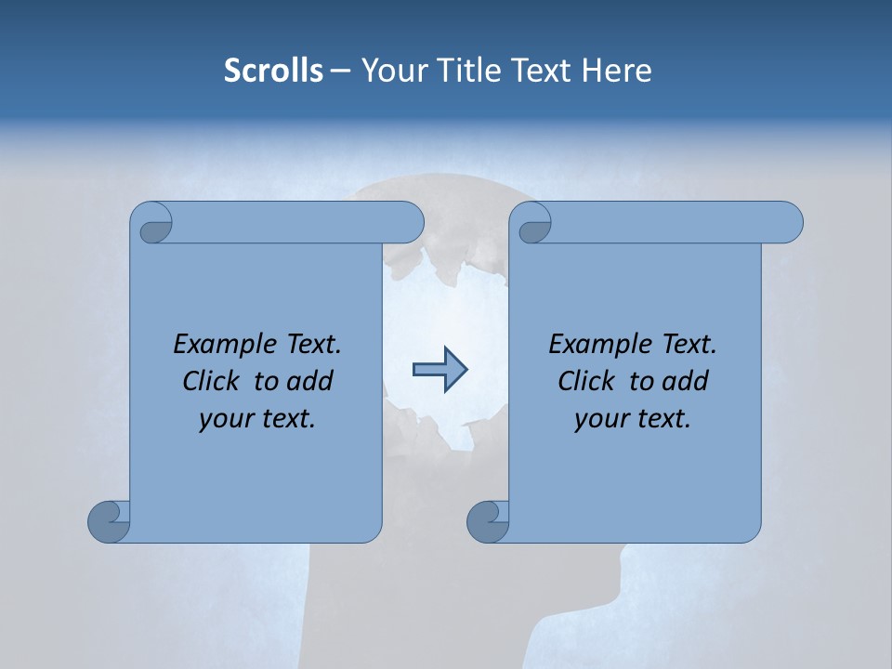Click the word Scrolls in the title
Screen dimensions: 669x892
click(273, 71)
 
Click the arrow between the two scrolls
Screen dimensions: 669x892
click(439, 370)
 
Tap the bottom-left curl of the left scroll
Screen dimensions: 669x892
click(108, 521)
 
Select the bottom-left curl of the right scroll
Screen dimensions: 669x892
click(487, 521)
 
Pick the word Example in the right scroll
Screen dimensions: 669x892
click(590, 345)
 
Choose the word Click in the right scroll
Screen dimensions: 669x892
click(586, 381)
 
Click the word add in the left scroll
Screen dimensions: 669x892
click(311, 381)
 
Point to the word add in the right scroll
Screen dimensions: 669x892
click(687, 381)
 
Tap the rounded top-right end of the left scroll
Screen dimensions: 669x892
click(409, 223)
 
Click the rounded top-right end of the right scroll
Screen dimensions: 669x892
click(788, 223)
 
